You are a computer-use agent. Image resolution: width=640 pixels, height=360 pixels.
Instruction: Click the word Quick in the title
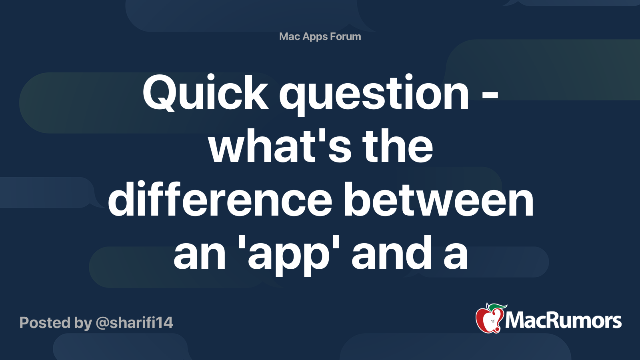[205, 93]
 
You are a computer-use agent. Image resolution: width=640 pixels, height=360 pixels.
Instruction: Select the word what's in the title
[280, 147]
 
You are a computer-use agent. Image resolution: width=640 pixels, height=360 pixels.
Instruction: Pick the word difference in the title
[220, 200]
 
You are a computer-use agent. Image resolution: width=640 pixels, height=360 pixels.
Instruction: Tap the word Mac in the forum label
[289, 36]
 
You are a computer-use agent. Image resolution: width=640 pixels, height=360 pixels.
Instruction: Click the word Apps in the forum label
[315, 37]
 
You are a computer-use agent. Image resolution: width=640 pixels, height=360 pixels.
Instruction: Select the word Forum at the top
[345, 36]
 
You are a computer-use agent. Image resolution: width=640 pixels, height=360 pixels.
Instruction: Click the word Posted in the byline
[45, 323]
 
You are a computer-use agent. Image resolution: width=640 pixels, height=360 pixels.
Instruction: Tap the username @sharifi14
[134, 323]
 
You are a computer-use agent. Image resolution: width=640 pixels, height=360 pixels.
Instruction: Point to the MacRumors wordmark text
[563, 321]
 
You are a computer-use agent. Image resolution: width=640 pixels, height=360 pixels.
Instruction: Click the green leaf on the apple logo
[498, 307]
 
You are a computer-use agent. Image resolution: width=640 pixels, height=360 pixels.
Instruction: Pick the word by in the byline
[83, 323]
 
